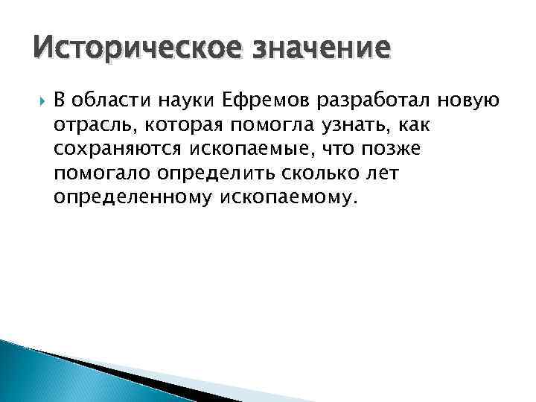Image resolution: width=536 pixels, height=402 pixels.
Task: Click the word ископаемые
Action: pyautogui.click(x=246, y=149)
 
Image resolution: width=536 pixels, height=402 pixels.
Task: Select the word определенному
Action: pyautogui.click(x=135, y=198)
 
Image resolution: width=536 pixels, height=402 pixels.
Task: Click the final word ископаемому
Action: pyautogui.click(x=290, y=198)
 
